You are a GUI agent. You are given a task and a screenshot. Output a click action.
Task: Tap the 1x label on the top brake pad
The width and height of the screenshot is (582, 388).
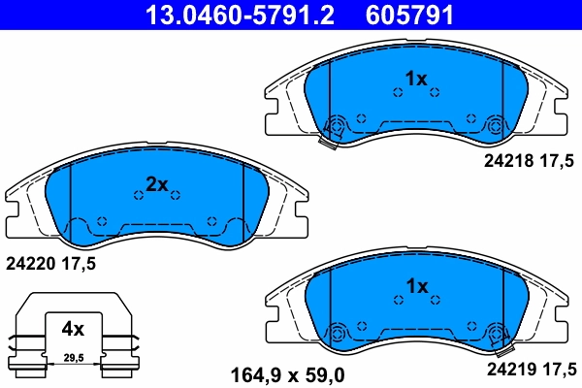coord(415,79)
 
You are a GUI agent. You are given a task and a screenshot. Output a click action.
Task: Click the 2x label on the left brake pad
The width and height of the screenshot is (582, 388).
coord(157,184)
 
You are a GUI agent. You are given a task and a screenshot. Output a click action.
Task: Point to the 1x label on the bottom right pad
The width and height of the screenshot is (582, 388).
coord(415,286)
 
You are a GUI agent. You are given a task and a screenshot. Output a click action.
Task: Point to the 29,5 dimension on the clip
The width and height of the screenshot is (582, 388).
coord(74,358)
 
